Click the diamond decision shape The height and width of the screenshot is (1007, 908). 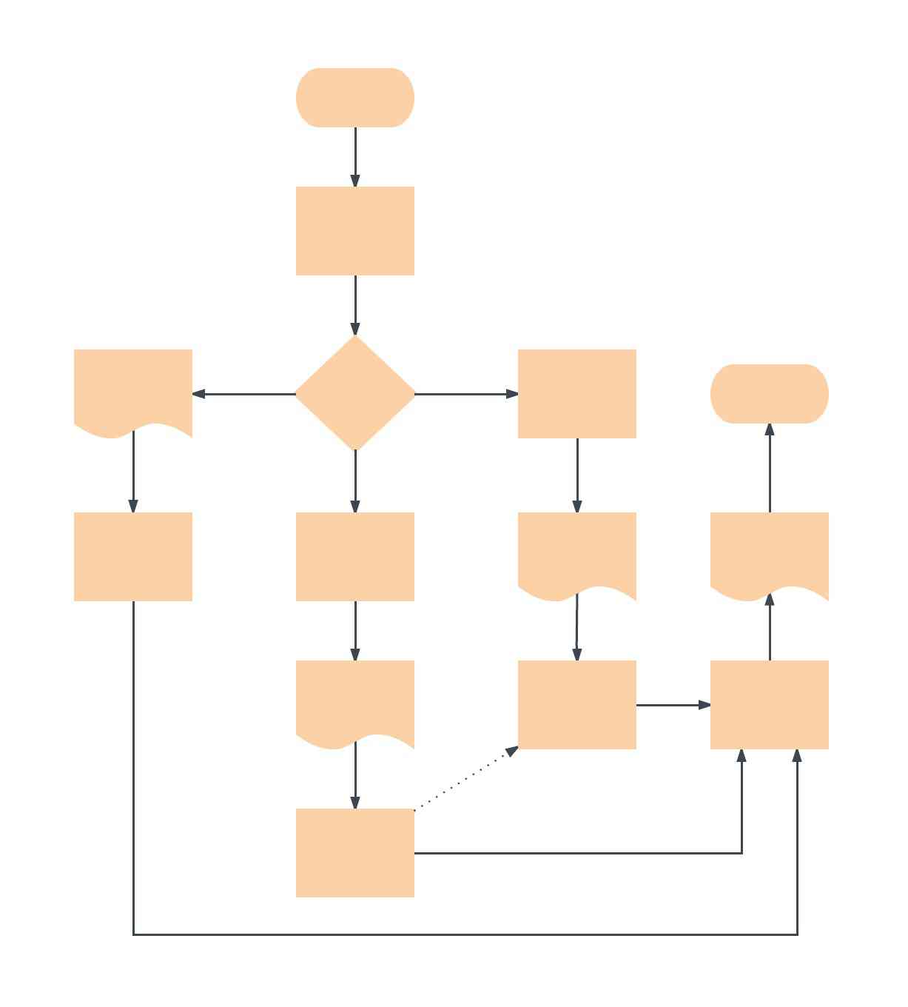click(355, 393)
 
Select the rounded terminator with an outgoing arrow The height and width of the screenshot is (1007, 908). click(355, 98)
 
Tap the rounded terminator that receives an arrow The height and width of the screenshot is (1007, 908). click(769, 393)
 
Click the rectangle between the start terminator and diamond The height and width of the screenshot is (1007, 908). click(355, 231)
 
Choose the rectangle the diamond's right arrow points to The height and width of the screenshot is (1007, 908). click(577, 393)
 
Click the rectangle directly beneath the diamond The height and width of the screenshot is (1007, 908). click(355, 556)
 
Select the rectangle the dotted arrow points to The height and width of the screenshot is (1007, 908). click(577, 704)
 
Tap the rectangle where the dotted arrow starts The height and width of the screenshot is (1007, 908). click(355, 852)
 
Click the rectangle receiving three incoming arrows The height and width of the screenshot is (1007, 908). click(769, 704)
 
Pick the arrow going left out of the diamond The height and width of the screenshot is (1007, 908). click(244, 394)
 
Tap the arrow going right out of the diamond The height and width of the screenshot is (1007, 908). click(466, 394)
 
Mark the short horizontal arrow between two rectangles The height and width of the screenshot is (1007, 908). click(673, 705)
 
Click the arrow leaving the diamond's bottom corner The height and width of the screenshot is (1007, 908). click(355, 481)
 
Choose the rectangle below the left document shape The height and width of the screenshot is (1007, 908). click(133, 556)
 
